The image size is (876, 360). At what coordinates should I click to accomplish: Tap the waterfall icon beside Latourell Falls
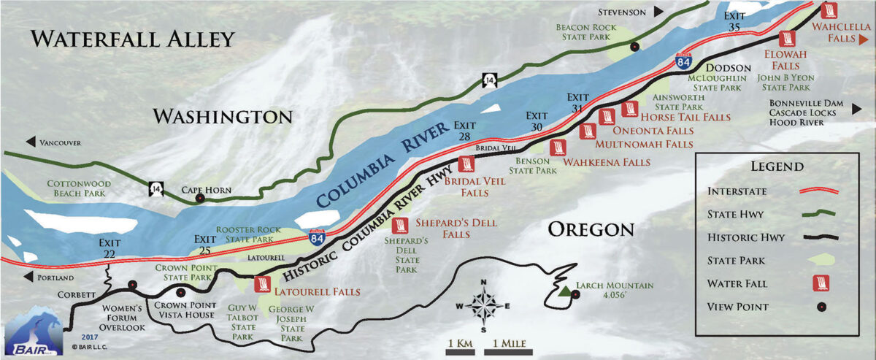pyautogui.click(x=264, y=284)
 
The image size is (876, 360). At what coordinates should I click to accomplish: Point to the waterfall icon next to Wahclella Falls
pyautogui.click(x=829, y=9)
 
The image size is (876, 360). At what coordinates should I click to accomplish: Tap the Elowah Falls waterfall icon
pyautogui.click(x=787, y=39)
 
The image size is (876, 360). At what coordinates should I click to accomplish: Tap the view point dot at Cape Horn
pyautogui.click(x=199, y=198)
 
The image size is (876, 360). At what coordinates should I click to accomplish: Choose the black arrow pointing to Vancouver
pyautogui.click(x=31, y=142)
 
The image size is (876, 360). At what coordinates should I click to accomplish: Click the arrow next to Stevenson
pyautogui.click(x=659, y=11)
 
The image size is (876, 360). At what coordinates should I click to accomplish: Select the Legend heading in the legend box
pyautogui.click(x=778, y=166)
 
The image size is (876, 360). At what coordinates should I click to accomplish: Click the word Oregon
pyautogui.click(x=591, y=229)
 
